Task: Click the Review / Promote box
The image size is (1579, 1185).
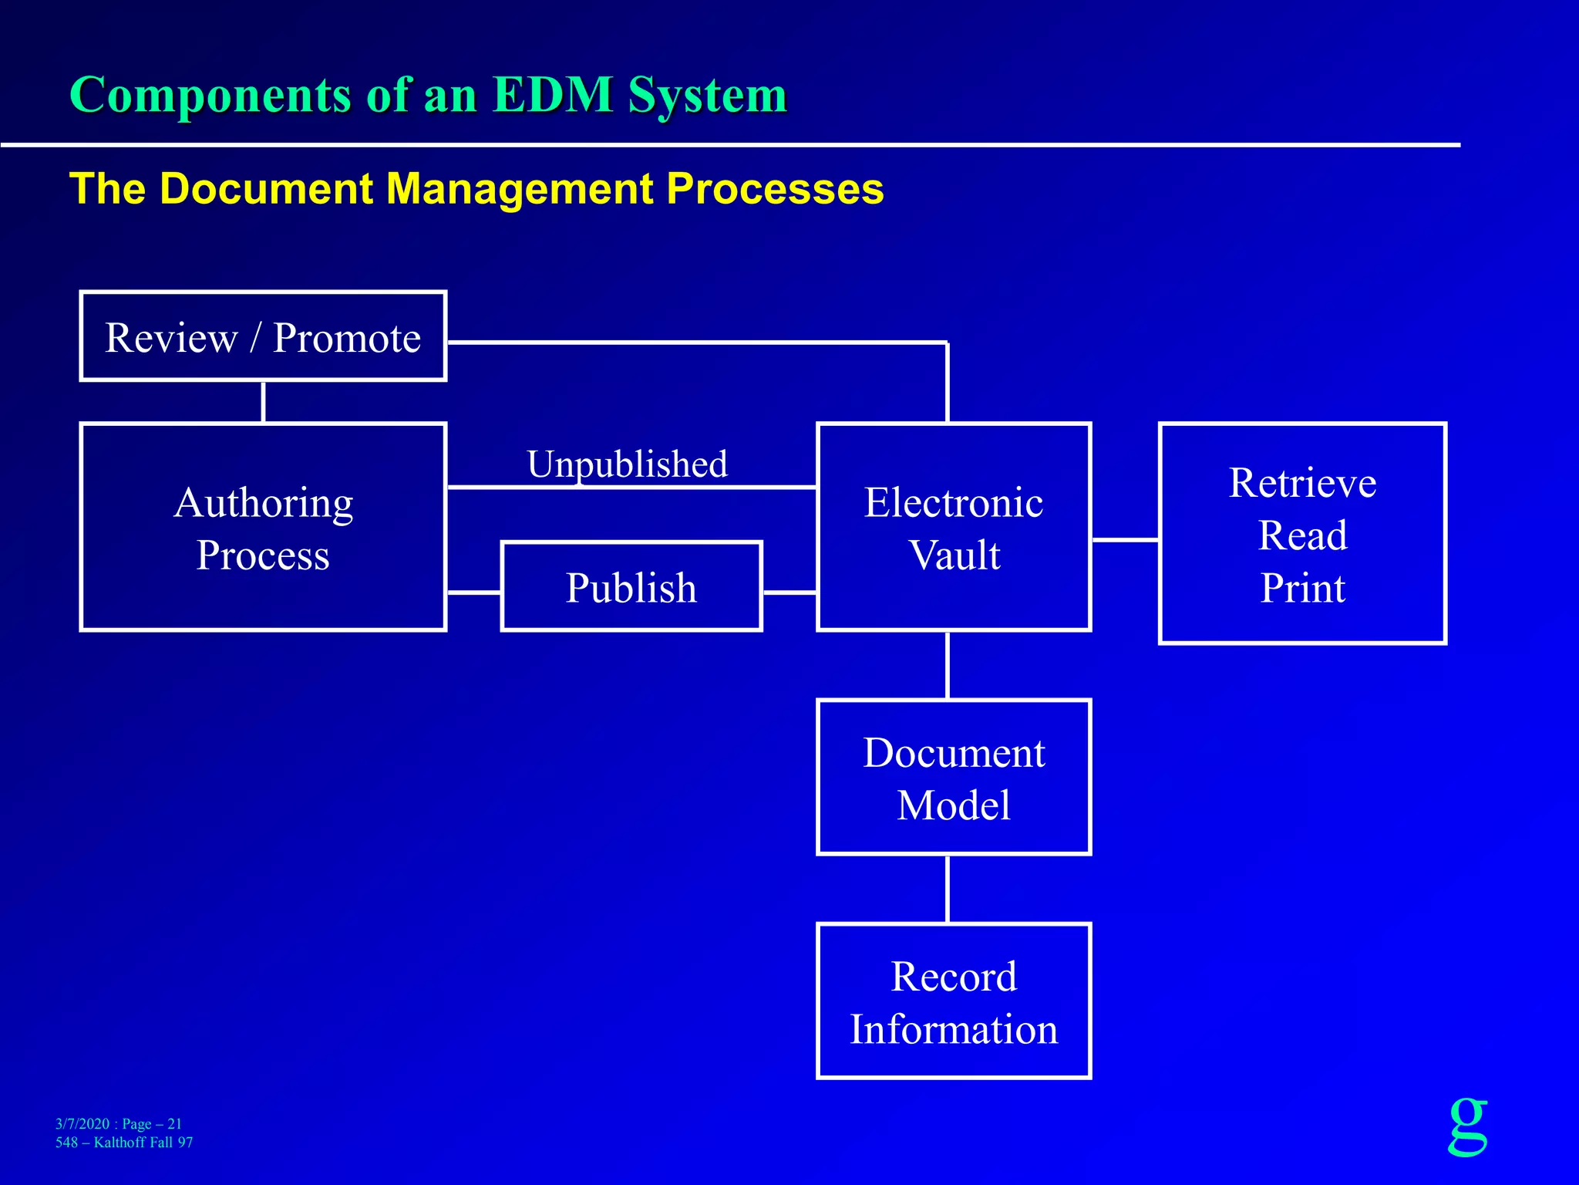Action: click(263, 336)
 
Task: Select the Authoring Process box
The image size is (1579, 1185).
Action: click(263, 528)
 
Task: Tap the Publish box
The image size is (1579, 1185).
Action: click(631, 587)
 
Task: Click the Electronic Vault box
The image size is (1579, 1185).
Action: click(954, 528)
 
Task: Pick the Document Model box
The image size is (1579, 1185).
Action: click(954, 778)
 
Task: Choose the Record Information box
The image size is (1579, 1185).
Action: click(954, 1001)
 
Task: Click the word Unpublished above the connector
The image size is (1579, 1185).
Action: click(627, 464)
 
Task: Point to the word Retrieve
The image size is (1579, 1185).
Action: click(1302, 483)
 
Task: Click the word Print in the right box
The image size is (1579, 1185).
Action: click(1302, 588)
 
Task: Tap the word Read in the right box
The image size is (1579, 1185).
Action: click(1302, 535)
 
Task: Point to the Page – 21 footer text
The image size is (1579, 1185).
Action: click(152, 1123)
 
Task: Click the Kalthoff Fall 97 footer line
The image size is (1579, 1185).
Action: click(143, 1143)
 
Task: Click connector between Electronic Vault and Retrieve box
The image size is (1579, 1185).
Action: click(1125, 540)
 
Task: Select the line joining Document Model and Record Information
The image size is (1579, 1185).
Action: click(948, 889)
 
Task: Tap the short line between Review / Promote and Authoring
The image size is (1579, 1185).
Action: click(264, 401)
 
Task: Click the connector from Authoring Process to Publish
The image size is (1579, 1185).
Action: click(473, 592)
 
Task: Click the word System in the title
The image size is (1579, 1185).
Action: click(707, 95)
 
